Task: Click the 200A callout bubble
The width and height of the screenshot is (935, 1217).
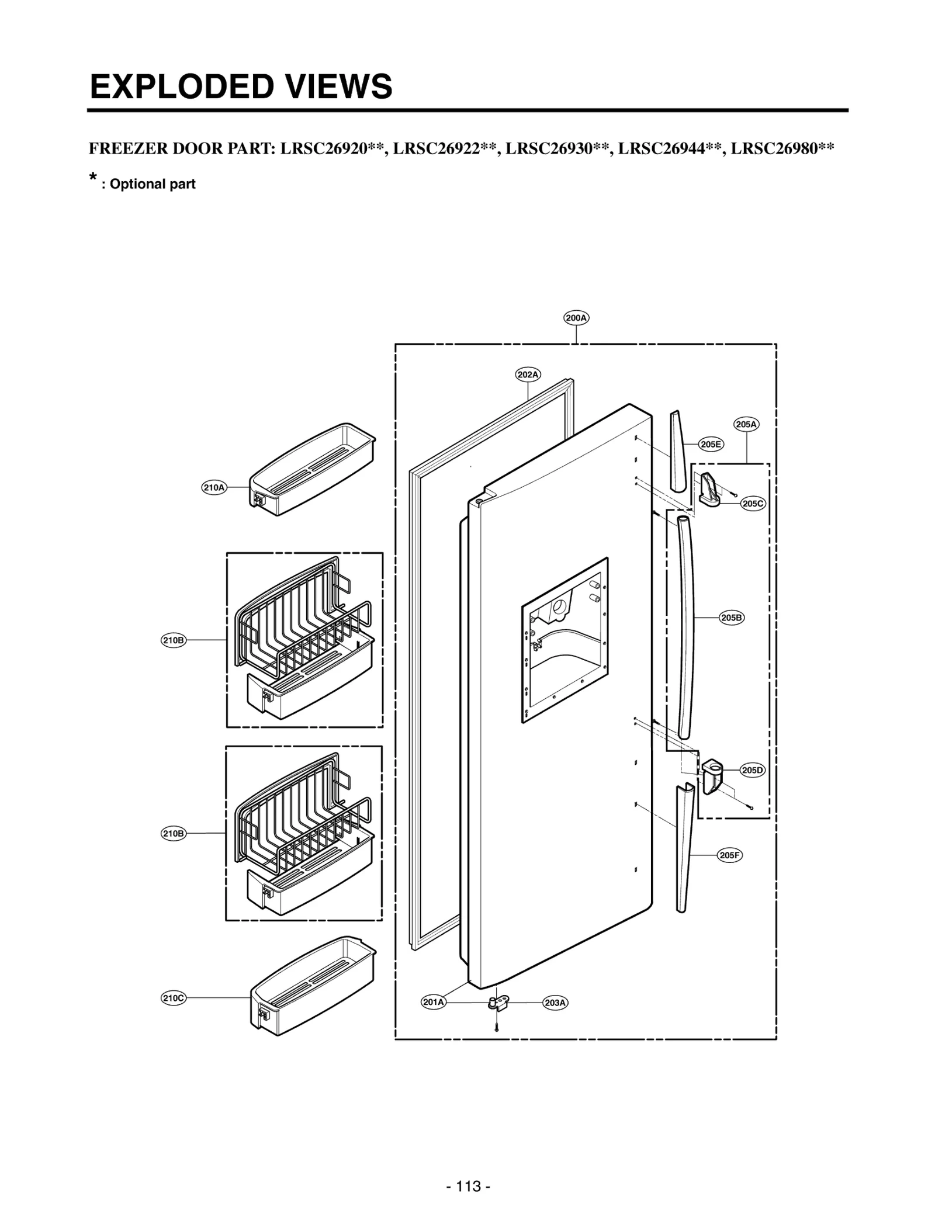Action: click(576, 318)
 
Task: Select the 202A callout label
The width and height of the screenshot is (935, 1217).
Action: click(528, 375)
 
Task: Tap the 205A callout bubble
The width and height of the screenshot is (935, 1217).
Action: click(746, 424)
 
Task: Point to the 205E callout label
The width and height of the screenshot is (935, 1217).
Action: click(711, 444)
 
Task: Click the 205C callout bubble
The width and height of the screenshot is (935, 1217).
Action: click(753, 503)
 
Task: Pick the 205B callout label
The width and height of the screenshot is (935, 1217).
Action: click(731, 617)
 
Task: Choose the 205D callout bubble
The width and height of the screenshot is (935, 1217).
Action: click(753, 770)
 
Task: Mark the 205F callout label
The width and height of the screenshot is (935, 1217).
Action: click(729, 855)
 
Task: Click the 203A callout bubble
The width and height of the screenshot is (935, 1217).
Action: click(555, 1003)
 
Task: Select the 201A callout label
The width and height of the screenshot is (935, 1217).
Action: click(434, 1002)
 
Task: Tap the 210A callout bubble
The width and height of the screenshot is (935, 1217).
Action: click(214, 487)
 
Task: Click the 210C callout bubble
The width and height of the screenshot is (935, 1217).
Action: click(174, 998)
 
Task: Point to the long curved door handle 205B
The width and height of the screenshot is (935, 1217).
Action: click(686, 625)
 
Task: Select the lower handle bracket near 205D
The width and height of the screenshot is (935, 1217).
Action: click(712, 776)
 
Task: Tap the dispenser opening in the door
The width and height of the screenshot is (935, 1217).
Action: click(565, 640)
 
